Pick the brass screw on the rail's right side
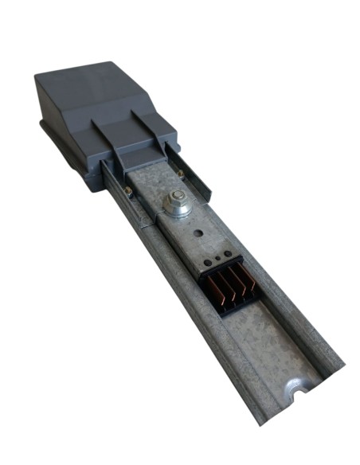click(x=182, y=174)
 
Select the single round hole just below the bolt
click(x=198, y=235)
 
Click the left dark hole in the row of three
click(x=208, y=262)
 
